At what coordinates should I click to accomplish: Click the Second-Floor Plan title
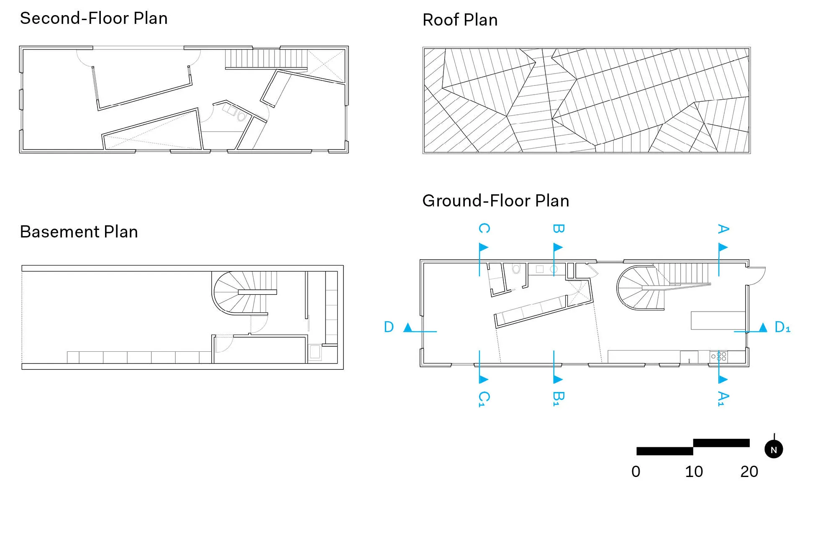click(94, 18)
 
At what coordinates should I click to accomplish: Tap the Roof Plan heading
click(460, 20)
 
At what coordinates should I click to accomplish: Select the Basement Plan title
click(79, 232)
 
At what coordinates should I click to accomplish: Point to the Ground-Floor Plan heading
click(495, 201)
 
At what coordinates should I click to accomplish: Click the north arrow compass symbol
click(774, 449)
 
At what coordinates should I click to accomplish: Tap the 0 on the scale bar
click(636, 472)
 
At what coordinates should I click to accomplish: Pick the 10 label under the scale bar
click(694, 472)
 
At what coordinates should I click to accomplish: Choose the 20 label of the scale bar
click(749, 472)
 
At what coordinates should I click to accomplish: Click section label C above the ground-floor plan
click(484, 228)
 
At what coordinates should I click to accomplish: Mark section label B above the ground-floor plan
click(559, 229)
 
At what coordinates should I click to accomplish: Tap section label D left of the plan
click(389, 327)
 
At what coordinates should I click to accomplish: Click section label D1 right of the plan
click(782, 327)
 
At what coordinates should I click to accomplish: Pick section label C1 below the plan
click(484, 399)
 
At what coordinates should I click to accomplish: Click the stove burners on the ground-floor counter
click(719, 357)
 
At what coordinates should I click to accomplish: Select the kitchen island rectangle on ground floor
click(718, 320)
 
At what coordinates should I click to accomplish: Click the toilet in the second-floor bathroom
click(241, 116)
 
